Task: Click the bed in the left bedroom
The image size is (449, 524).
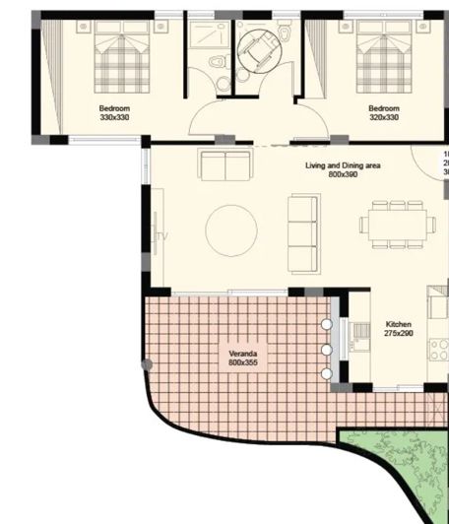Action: coord(121,59)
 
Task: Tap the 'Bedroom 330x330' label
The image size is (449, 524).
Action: coord(114,112)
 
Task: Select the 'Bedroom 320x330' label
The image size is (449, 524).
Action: coord(384,112)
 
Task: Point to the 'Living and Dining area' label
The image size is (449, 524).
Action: coord(342,170)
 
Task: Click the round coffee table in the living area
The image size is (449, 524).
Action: coord(231,230)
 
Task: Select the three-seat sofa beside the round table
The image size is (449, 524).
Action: coord(303,233)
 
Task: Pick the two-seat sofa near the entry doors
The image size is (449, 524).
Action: coord(225,164)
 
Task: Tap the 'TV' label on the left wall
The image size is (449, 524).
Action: coord(162,236)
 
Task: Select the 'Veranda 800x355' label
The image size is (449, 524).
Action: coord(242,358)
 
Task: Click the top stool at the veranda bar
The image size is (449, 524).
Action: coord(326,324)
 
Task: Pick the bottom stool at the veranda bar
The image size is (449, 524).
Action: coord(326,373)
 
